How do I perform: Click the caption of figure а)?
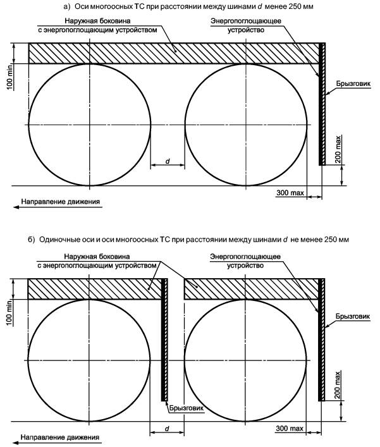190,6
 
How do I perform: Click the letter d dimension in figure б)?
168,428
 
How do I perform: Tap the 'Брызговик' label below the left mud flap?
187,408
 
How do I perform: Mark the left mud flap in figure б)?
165,348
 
